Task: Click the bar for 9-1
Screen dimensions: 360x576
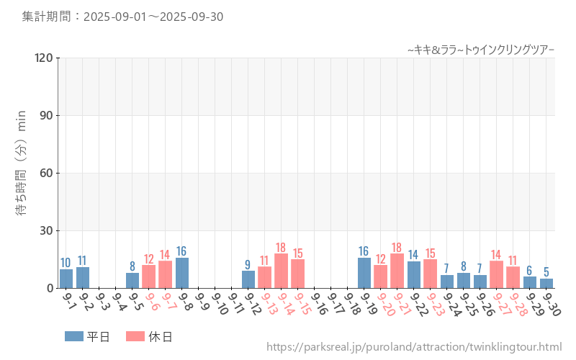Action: click(66, 279)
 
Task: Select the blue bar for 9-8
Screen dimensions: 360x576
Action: click(182, 273)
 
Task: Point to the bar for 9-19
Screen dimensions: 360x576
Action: click(364, 273)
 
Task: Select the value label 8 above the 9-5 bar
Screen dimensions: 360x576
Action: click(132, 266)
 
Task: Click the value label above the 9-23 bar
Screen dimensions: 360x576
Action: click(431, 253)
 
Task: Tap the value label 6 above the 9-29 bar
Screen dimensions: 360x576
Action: click(529, 271)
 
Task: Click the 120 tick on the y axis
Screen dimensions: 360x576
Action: click(44, 58)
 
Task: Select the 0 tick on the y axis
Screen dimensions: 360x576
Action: click(50, 288)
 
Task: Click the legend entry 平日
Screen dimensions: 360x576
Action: click(87, 336)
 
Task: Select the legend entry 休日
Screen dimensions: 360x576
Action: click(149, 336)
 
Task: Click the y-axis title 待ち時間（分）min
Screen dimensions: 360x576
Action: click(22, 173)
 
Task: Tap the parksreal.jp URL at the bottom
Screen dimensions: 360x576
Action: click(413, 347)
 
